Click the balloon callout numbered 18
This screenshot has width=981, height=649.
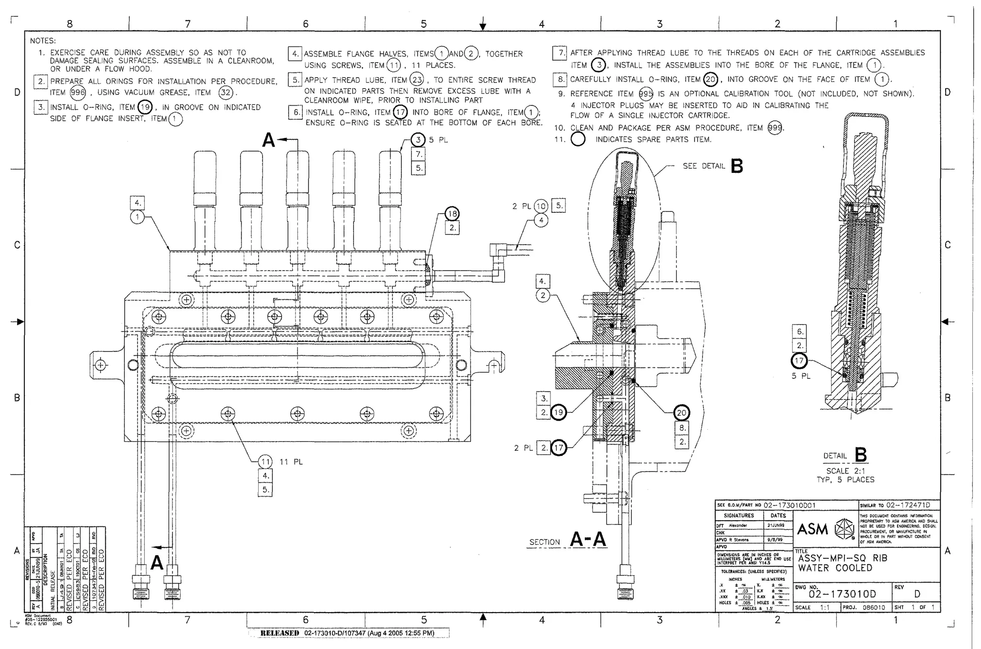[x=452, y=214]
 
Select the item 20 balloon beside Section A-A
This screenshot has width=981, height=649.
[x=681, y=413]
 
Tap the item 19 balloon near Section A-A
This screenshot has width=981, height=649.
[x=558, y=412]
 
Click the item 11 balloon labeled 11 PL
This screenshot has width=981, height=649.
[x=265, y=462]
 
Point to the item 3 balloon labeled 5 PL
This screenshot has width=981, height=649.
[x=418, y=140]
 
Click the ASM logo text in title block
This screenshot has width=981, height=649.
[x=812, y=529]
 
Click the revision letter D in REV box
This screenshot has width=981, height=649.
[x=917, y=594]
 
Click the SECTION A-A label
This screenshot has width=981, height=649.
[x=567, y=540]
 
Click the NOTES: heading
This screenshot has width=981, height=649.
[x=43, y=41]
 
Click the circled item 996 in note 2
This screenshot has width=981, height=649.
[x=78, y=92]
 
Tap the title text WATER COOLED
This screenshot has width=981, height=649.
[x=834, y=568]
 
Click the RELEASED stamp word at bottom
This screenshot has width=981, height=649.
[x=279, y=633]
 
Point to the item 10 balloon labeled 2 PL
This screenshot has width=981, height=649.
[x=541, y=206]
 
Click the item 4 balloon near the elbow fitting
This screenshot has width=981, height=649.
[x=541, y=221]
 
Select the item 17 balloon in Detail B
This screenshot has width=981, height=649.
[x=799, y=361]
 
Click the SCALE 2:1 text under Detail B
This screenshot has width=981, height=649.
[x=845, y=471]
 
